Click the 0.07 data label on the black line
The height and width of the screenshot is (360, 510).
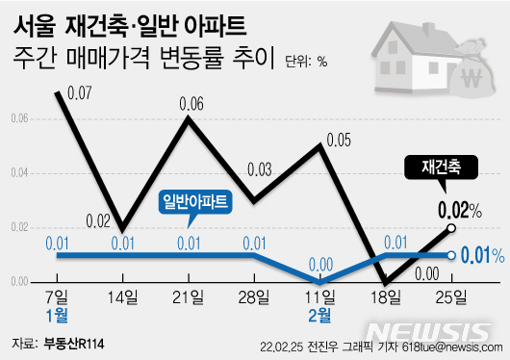pyautogui.click(x=79, y=93)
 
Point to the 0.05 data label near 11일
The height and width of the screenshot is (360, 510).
pyautogui.click(x=338, y=141)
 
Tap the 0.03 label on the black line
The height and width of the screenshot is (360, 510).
pyautogui.click(x=258, y=169)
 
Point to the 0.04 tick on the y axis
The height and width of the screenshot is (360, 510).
pyautogui.click(x=20, y=173)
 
